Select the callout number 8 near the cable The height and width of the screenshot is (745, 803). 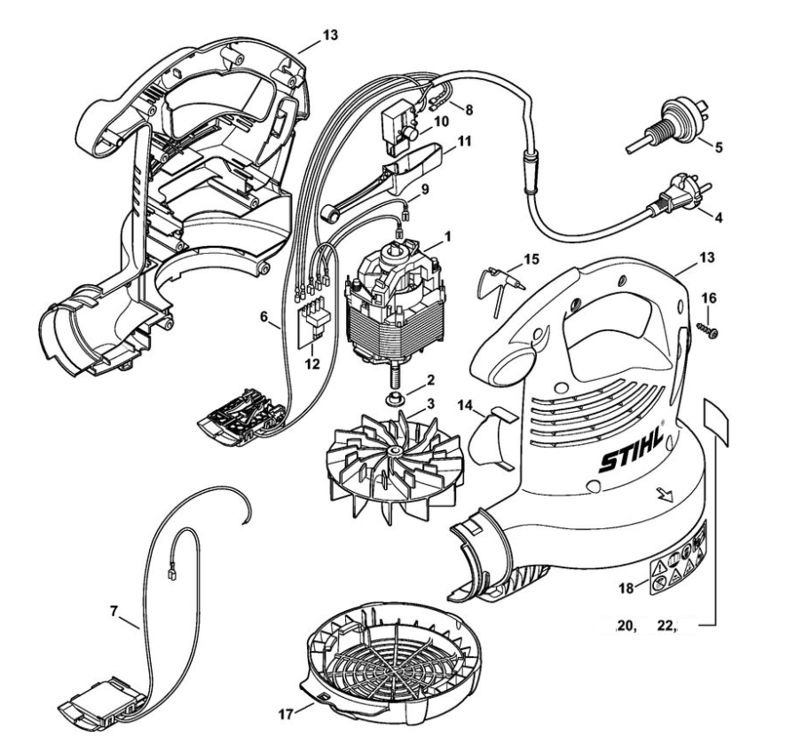(468, 113)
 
